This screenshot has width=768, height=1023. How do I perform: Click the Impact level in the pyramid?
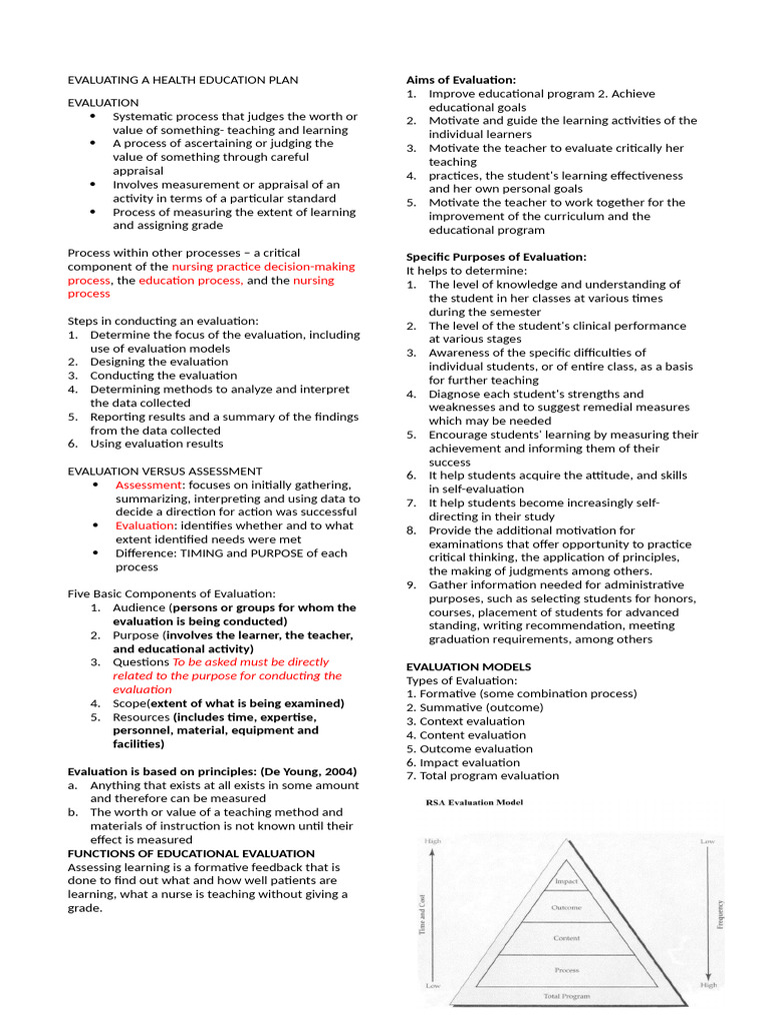point(566,882)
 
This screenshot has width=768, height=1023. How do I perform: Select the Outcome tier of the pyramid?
point(566,908)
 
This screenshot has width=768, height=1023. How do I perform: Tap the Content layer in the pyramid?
point(566,938)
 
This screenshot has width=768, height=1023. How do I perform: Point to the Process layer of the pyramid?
point(566,970)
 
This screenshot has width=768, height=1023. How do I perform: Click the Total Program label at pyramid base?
point(566,996)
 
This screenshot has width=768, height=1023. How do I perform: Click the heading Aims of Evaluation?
point(461,80)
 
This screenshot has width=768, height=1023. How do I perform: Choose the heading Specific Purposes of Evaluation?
point(496,257)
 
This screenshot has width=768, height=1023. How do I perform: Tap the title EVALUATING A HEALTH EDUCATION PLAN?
point(182,80)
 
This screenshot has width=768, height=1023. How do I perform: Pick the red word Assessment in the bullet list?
point(145,485)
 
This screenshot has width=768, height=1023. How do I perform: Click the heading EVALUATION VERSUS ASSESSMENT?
point(165,471)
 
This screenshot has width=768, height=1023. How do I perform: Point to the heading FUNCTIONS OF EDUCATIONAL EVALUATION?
point(190,853)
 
